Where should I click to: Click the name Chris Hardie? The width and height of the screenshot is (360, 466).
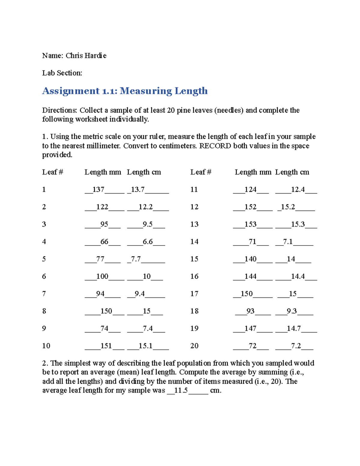coord(86,56)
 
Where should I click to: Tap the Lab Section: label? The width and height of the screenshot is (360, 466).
coord(62,73)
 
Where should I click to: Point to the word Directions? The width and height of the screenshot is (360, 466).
coord(59,110)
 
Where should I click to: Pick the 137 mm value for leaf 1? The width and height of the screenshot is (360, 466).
coord(98,190)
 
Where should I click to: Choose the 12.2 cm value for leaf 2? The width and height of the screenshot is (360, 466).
coord(145,207)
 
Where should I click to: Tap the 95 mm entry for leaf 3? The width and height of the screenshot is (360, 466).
coord(104,224)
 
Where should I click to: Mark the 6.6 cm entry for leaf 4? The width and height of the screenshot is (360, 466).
coord(148,242)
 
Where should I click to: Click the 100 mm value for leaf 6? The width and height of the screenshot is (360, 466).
coord(102,277)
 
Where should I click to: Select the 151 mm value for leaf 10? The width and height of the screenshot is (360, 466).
coord(106,346)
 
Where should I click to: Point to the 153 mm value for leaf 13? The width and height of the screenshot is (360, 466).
coord(250,224)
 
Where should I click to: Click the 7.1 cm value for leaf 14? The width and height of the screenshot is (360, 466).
coord(288,242)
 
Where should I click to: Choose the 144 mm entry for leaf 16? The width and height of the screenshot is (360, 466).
coord(250,277)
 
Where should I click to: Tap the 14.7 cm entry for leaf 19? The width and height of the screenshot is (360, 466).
coord(293,329)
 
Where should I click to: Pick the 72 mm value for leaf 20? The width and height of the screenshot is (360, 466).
coord(252,346)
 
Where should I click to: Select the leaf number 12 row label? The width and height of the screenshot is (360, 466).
coord(194,207)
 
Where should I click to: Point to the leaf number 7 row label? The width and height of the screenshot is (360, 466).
coord(44,294)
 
